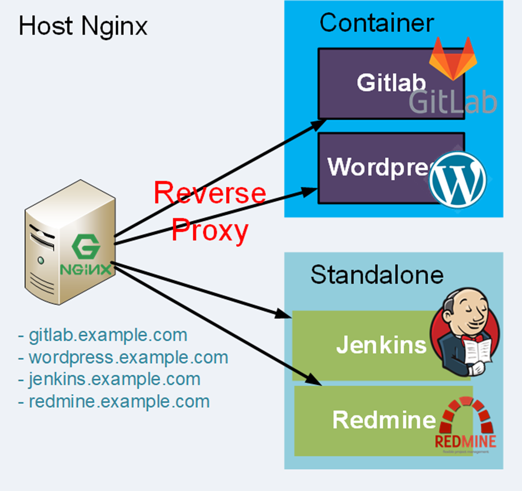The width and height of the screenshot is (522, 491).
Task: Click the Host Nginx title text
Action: click(x=83, y=26)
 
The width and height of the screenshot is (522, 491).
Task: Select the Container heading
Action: click(x=376, y=23)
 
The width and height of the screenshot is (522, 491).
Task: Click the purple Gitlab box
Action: click(x=367, y=83)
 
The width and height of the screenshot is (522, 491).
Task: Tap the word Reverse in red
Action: click(x=209, y=193)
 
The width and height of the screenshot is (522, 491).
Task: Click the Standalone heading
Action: click(x=377, y=275)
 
